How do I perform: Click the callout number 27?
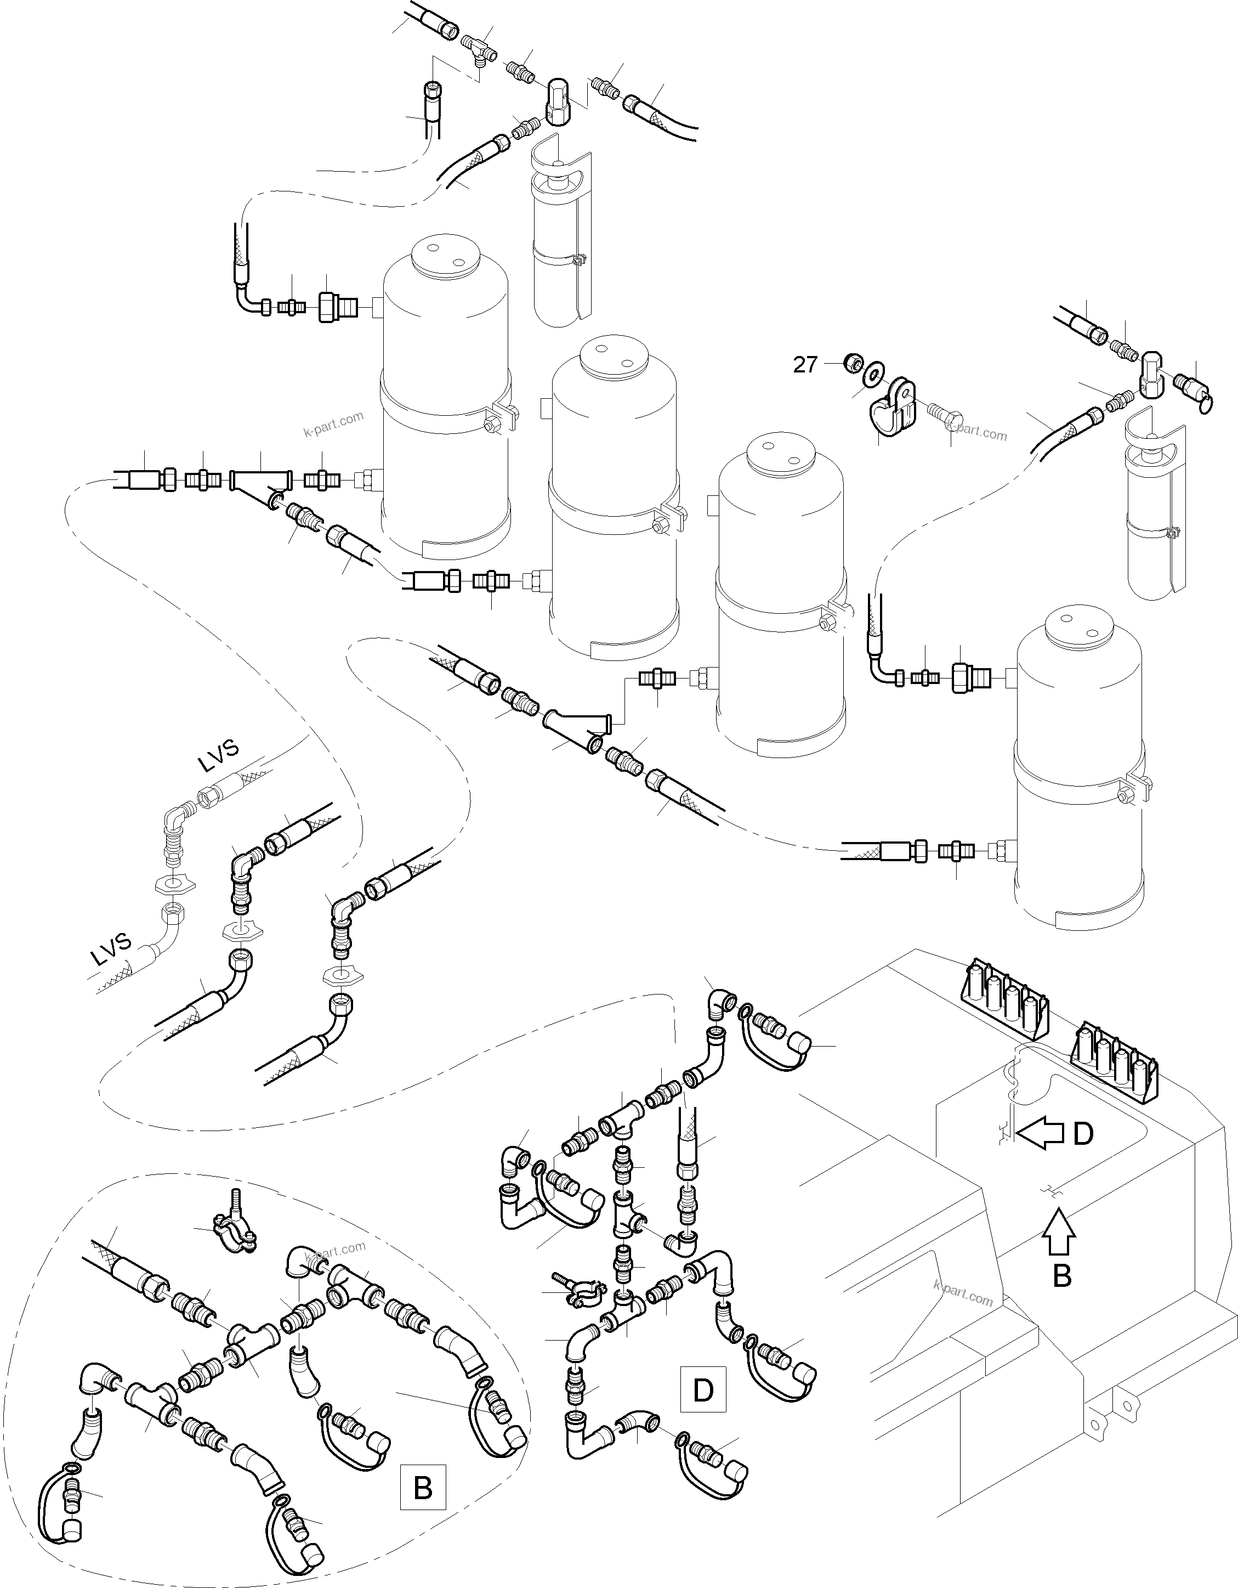click(x=805, y=364)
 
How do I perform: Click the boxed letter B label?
click(x=422, y=1488)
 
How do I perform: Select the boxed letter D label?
click(x=703, y=1389)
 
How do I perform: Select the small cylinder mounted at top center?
click(x=561, y=233)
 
